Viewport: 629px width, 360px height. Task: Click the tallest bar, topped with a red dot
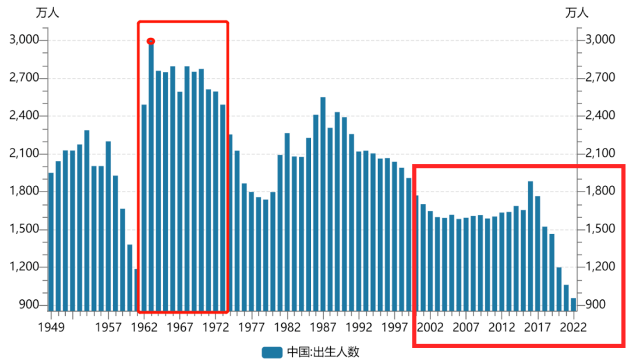coord(151,175)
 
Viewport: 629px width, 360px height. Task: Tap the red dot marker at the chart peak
coord(151,41)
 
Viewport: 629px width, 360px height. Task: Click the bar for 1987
coord(323,204)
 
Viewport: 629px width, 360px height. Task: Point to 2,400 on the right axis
coord(600,116)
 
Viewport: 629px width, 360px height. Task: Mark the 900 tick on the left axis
coord(30,305)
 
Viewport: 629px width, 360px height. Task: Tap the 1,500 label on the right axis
coord(600,230)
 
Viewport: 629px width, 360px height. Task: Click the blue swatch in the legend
coord(272,352)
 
